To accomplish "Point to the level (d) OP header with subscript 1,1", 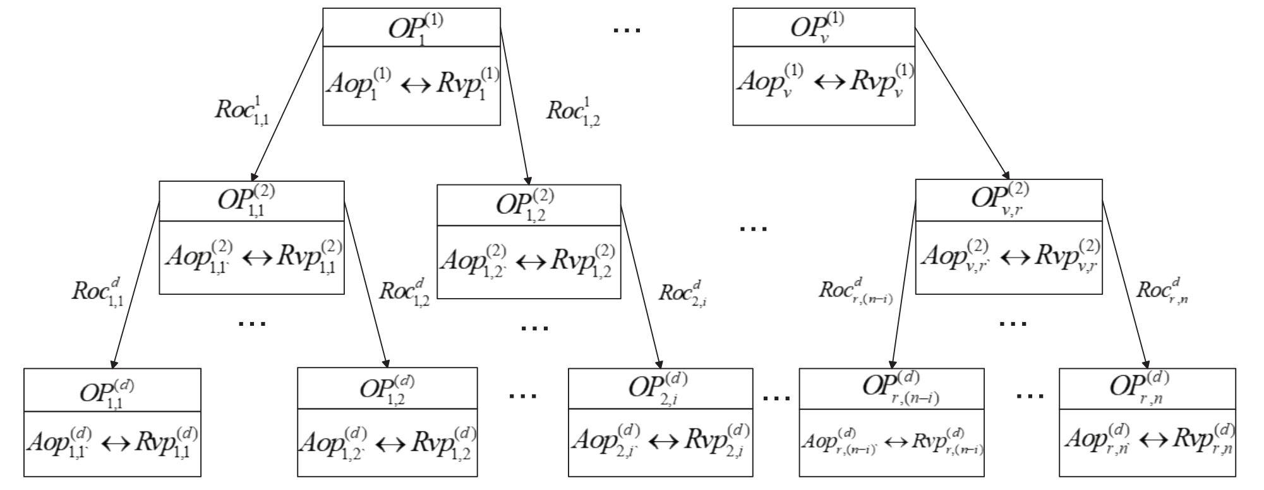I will point(108,390).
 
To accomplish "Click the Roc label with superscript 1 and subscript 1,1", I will point(242,111).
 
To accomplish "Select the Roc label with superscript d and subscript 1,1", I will point(97,291).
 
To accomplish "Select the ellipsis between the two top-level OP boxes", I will point(627,30).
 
